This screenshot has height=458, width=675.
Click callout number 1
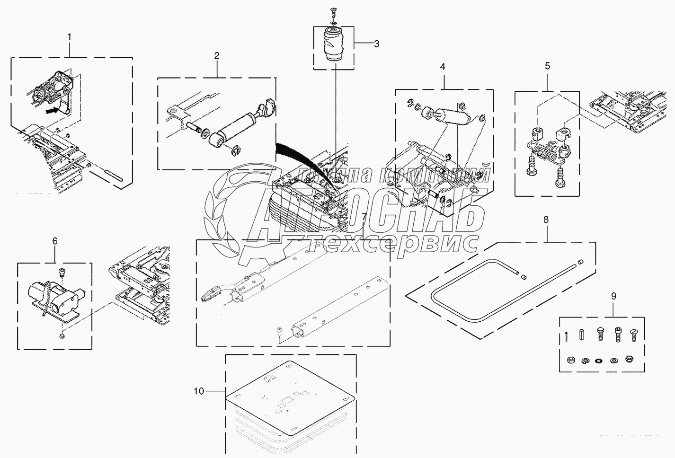pyautogui.click(x=70, y=36)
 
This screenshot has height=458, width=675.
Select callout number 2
pyautogui.click(x=217, y=56)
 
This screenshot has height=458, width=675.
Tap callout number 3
pyautogui.click(x=376, y=44)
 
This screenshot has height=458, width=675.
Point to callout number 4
pyautogui.click(x=443, y=67)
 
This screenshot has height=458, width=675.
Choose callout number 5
pyautogui.click(x=547, y=66)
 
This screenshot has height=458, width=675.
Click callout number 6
pyautogui.click(x=55, y=241)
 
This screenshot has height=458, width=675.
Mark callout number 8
pyautogui.click(x=546, y=220)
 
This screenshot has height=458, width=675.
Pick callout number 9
pyautogui.click(x=613, y=297)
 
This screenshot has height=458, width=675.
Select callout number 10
pyautogui.click(x=199, y=391)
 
